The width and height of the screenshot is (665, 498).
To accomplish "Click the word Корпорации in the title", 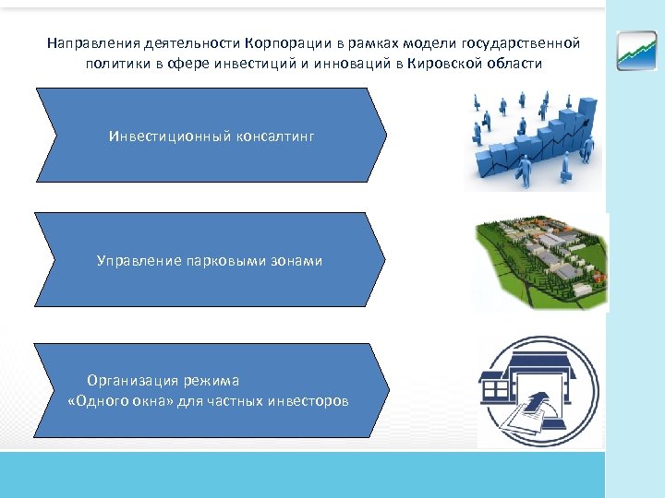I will tap(282, 43).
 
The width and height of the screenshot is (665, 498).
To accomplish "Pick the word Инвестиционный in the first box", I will tap(167, 136).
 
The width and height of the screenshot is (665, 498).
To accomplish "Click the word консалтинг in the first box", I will tap(273, 136).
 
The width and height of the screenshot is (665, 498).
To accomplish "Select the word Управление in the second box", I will tap(136, 261).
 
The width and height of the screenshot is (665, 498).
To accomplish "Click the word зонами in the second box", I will tap(297, 261).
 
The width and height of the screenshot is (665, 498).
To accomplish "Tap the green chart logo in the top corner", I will tap(637, 50).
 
